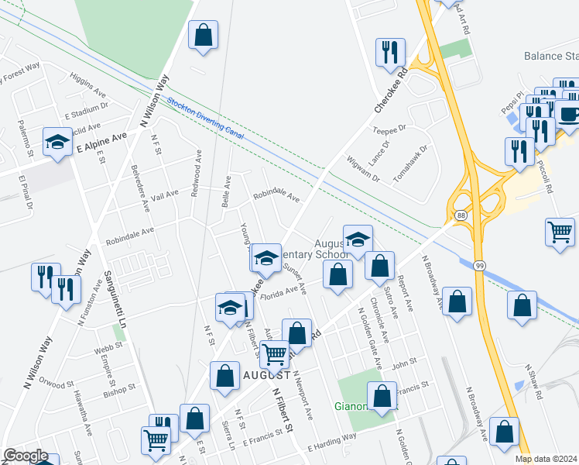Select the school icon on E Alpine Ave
(57, 142)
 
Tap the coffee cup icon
(569, 115)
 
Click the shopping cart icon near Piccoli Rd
(559, 231)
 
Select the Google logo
(26, 456)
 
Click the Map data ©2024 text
(546, 459)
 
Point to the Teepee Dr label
(389, 129)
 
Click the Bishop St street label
(119, 390)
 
